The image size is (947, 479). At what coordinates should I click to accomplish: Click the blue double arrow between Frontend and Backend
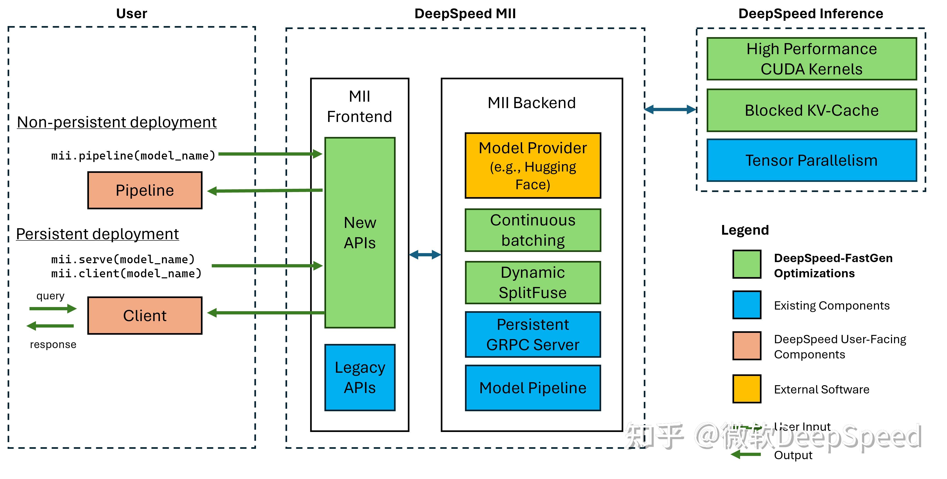[425, 254]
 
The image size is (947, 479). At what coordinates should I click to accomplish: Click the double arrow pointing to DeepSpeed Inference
[670, 109]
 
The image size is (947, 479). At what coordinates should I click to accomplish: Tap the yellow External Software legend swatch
[746, 389]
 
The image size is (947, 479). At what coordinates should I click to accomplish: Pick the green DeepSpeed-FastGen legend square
[746, 264]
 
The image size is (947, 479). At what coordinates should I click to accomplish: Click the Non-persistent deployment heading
[117, 122]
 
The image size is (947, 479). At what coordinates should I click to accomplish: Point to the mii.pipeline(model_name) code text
[133, 156]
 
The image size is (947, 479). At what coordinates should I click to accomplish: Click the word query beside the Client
[50, 296]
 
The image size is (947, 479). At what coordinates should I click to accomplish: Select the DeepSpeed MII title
[465, 14]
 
